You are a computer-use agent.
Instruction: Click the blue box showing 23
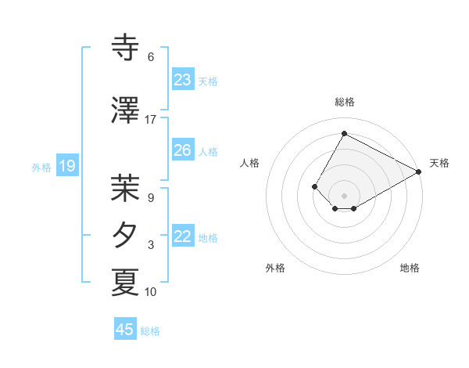click(183, 80)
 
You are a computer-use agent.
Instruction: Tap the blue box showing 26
click(183, 150)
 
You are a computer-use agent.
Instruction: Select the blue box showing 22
click(183, 237)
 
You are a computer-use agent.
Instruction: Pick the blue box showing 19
click(67, 166)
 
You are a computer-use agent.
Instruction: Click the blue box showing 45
click(125, 330)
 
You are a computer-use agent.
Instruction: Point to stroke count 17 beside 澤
click(151, 120)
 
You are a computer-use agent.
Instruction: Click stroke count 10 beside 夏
click(151, 292)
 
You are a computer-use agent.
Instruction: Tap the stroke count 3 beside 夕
click(151, 245)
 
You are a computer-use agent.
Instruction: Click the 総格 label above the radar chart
click(344, 102)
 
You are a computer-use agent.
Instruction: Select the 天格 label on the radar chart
click(439, 163)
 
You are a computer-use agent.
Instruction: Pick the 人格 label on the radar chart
click(249, 163)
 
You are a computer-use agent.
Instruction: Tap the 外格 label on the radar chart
click(275, 268)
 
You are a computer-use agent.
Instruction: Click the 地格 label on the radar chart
click(410, 268)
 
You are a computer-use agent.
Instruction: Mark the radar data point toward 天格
click(419, 171)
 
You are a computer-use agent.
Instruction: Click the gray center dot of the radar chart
click(344, 195)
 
